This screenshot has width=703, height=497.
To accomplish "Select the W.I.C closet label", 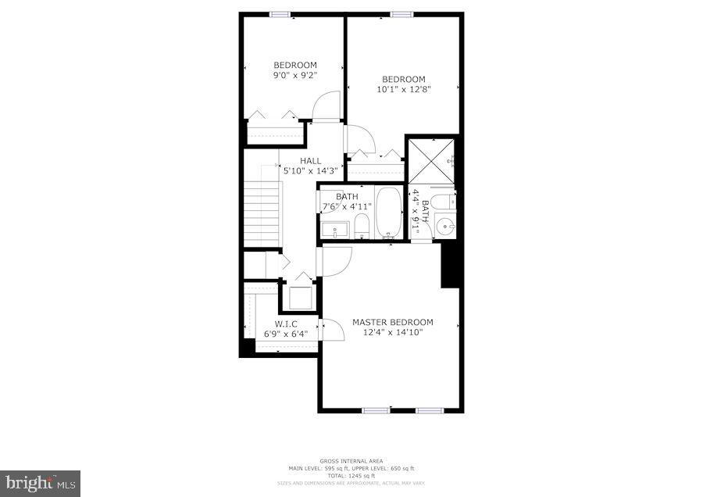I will pyautogui.click(x=286, y=324).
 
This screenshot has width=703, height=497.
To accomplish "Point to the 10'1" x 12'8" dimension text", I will pyautogui.click(x=404, y=89).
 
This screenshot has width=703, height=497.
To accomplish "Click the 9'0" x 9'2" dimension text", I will pyautogui.click(x=294, y=76).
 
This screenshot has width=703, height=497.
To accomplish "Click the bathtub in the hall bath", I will pyautogui.click(x=388, y=213).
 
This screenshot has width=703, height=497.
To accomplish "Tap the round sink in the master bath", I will pyautogui.click(x=444, y=227).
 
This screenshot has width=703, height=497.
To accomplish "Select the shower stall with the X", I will pyautogui.click(x=428, y=161).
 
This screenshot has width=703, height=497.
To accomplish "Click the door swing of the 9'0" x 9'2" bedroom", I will pyautogui.click(x=327, y=106).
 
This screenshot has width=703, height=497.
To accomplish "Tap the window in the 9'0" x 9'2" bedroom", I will pyautogui.click(x=280, y=14).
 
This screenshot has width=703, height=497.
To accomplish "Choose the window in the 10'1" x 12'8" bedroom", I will pyautogui.click(x=401, y=14).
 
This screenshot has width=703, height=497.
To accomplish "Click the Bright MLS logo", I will pyautogui.click(x=40, y=483).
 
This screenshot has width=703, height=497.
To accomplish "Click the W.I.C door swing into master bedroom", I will pyautogui.click(x=333, y=330).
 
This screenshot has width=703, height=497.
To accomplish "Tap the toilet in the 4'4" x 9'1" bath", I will pyautogui.click(x=443, y=203).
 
